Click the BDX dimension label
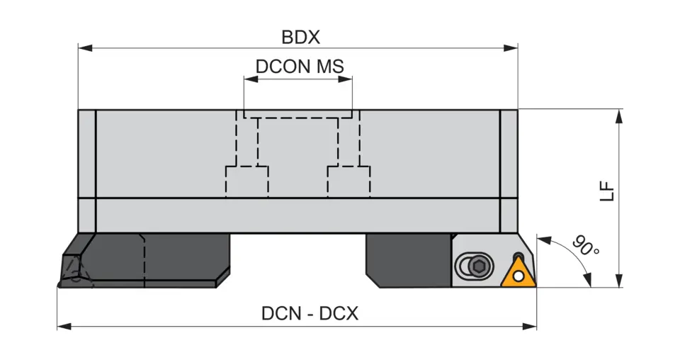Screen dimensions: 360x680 click(300, 37)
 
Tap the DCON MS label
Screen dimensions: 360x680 click(300, 67)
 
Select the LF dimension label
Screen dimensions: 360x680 click(607, 192)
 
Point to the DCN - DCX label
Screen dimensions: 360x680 click(310, 313)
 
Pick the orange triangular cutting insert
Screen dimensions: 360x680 click(518, 272)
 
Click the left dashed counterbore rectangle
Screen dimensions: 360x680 click(247, 181)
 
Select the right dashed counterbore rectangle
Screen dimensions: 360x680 click(348, 181)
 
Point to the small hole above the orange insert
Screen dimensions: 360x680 click(520, 256)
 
